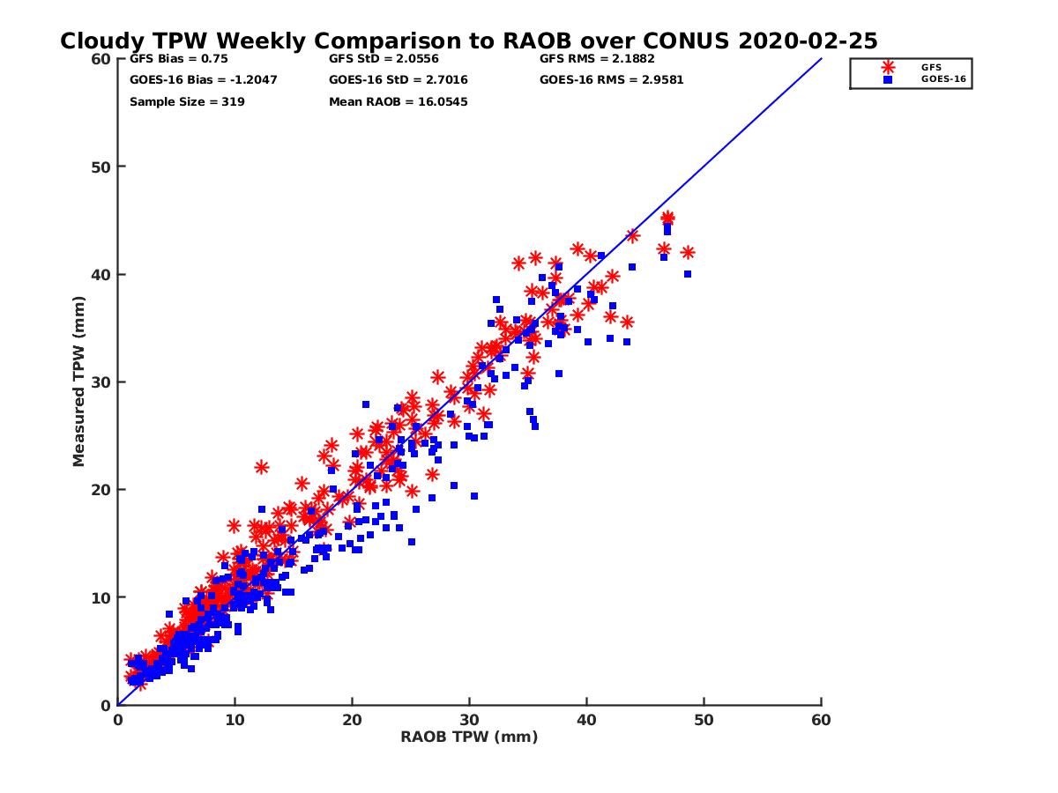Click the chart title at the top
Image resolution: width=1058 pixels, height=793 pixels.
pos(468,41)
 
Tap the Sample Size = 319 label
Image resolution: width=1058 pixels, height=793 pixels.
pos(187,102)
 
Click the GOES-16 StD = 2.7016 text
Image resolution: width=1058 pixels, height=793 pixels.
pos(398,80)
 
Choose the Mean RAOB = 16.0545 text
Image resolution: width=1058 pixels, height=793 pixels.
pos(398,102)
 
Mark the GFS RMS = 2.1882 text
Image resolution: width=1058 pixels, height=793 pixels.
pos(597,59)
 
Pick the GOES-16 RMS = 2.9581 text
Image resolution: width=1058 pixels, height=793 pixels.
pos(611,80)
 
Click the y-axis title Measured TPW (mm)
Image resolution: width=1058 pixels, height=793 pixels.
pos(79,382)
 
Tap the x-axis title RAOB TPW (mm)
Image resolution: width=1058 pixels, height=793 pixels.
pos(469,737)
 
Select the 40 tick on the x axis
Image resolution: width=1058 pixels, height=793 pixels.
pos(586,720)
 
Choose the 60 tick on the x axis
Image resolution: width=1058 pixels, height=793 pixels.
pos(821,720)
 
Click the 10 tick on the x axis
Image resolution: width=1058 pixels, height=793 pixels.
pos(235,720)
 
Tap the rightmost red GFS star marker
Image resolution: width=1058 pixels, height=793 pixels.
pos(688,253)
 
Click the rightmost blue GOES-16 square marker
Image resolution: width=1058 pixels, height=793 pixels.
pos(688,274)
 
